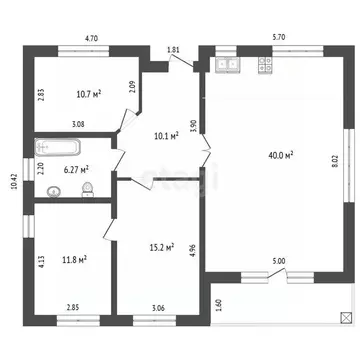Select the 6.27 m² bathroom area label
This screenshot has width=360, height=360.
click(78, 169)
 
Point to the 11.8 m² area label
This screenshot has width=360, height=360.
click(73, 259)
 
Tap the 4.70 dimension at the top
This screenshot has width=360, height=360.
click(92, 38)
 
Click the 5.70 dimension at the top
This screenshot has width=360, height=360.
click(278, 38)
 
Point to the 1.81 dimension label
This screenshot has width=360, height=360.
click(173, 49)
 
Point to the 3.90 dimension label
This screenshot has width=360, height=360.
click(192, 127)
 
